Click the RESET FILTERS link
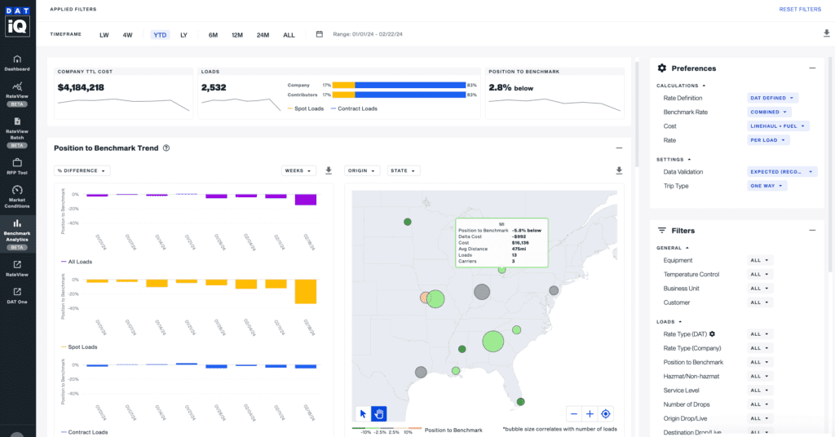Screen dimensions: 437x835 click(x=799, y=9)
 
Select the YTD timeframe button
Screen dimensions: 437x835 click(x=160, y=34)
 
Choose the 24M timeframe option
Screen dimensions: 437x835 click(x=263, y=34)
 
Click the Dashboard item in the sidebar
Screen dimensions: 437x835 click(x=17, y=63)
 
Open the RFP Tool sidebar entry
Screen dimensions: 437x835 click(x=17, y=166)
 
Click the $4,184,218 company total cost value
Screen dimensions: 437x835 click(x=81, y=87)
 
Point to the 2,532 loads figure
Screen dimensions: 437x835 click(x=214, y=87)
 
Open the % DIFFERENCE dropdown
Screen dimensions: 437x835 click(x=82, y=170)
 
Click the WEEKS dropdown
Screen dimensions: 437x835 click(x=298, y=170)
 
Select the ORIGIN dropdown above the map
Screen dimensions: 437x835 click(x=362, y=170)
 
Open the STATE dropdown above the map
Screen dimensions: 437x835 click(x=404, y=170)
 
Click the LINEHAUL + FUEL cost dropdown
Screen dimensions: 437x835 click(x=778, y=126)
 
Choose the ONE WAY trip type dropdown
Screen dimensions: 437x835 click(x=767, y=186)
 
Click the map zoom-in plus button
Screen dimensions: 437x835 click(x=590, y=414)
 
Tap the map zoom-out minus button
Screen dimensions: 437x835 click(x=574, y=414)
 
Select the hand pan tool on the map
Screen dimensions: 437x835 click(x=379, y=414)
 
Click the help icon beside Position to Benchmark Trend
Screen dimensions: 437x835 click(x=166, y=148)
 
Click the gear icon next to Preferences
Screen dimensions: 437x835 click(x=662, y=68)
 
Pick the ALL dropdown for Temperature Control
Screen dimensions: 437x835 click(x=760, y=275)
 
